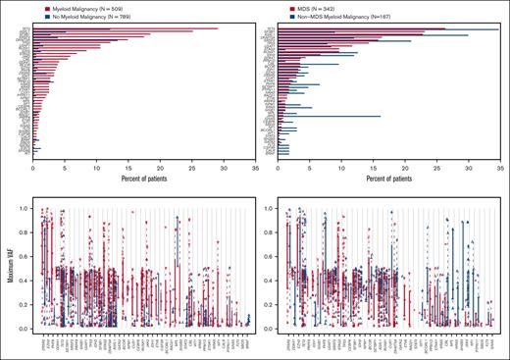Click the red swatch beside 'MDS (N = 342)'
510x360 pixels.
(282, 7)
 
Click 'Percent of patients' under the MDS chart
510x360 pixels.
(388, 178)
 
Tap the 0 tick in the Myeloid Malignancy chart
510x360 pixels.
(33, 168)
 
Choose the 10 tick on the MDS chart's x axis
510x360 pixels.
(340, 168)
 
